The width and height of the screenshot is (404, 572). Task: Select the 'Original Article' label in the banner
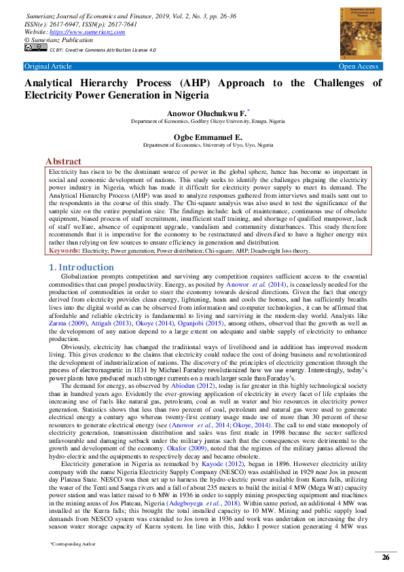coord(48,66)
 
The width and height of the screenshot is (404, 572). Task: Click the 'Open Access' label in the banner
coord(359,66)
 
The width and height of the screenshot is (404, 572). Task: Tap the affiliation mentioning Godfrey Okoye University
coord(208,120)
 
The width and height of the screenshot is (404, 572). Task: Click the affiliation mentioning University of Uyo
coord(208,145)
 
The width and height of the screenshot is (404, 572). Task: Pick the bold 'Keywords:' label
coord(65,251)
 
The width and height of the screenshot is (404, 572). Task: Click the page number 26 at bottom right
coord(385,557)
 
